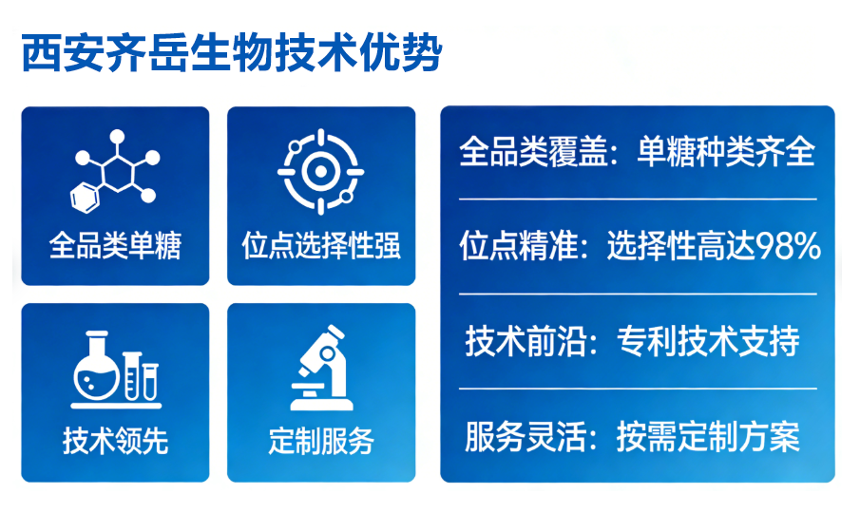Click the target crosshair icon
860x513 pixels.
[x=320, y=172]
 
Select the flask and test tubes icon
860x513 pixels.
[x=115, y=367]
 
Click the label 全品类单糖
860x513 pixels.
[x=115, y=247]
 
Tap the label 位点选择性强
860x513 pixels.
[x=321, y=247]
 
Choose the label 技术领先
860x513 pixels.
[x=115, y=441]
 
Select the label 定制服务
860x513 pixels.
[x=321, y=441]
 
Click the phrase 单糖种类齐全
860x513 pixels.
[x=726, y=152]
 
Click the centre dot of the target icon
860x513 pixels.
[x=320, y=172]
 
